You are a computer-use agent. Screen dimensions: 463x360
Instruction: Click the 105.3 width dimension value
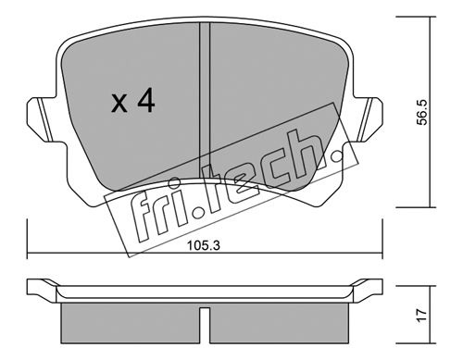(204, 246)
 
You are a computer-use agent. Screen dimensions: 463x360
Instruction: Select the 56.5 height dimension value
(422, 112)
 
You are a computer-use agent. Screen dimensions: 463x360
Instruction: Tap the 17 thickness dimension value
(421, 316)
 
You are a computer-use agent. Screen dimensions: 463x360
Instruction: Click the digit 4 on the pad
(146, 100)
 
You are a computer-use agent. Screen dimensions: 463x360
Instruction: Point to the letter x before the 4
(119, 104)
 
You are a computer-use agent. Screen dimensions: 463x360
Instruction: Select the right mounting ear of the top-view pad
(369, 119)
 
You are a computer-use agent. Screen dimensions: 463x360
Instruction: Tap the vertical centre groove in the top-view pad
(205, 100)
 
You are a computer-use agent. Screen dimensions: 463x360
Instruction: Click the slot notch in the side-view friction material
(205, 325)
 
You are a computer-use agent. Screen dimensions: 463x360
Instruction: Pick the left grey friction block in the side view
(130, 323)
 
